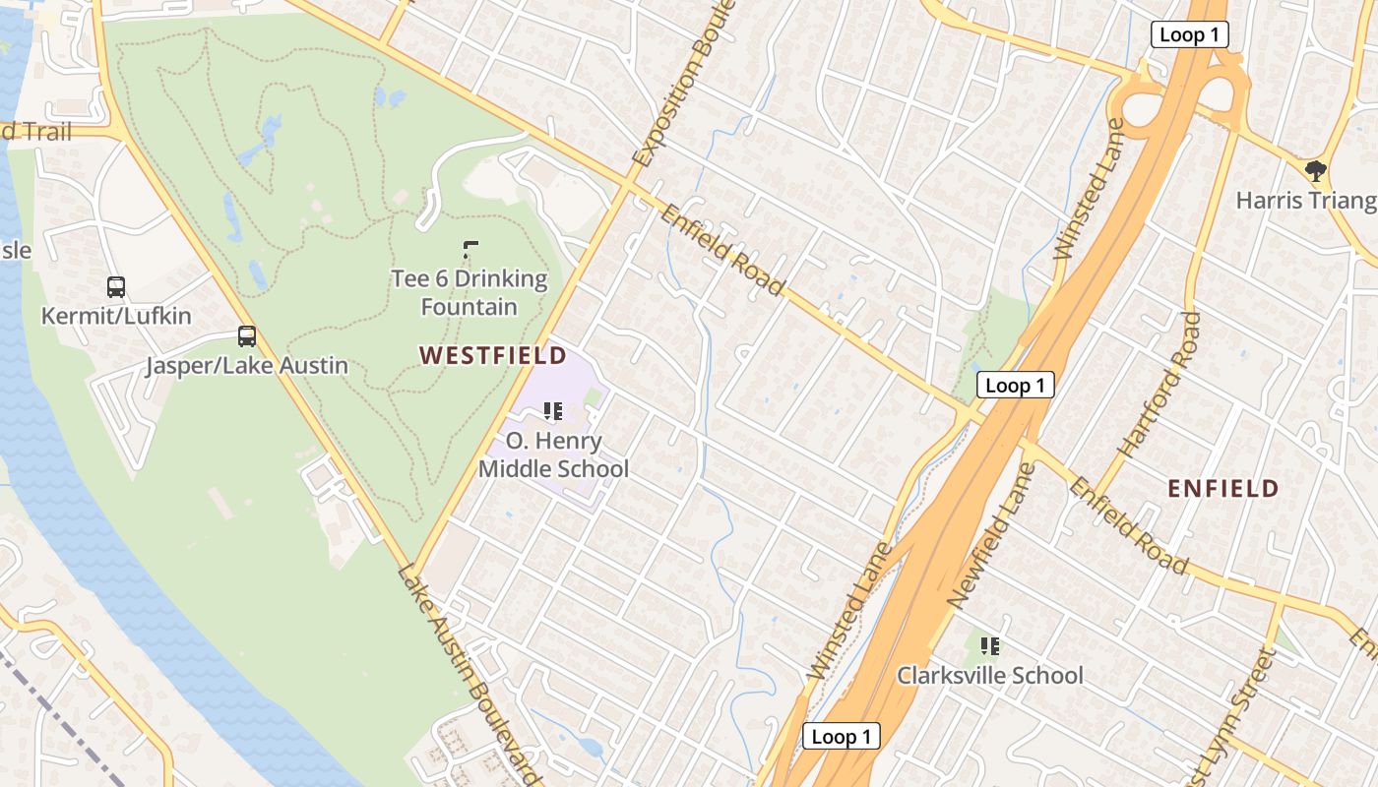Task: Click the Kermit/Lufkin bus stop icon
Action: [116, 287]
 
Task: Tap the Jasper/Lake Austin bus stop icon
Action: [247, 336]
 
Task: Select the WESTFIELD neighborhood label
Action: [493, 355]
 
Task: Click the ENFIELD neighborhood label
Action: [1222, 488]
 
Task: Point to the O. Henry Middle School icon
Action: [553, 411]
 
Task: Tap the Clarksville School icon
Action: [990, 646]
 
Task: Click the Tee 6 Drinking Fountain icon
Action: [470, 250]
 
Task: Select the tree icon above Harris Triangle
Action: [1315, 172]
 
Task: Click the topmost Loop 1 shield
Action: [1189, 35]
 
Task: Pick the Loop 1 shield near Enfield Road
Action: [1015, 386]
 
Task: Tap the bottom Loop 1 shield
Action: [842, 736]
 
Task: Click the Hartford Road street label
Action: [1161, 385]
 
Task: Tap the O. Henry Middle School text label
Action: [553, 454]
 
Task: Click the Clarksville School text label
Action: [989, 675]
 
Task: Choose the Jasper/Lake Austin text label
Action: [247, 366]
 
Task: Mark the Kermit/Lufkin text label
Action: [116, 316]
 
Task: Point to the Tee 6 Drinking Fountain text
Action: [470, 292]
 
